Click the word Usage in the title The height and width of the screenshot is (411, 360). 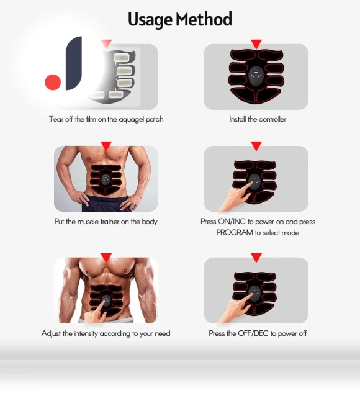[150, 20]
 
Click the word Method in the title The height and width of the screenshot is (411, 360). [204, 19]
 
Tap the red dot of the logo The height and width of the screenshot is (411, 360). [53, 82]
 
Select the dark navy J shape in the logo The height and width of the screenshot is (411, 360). [74, 63]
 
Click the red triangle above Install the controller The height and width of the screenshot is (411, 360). [256, 44]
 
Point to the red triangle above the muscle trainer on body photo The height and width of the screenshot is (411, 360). [106, 146]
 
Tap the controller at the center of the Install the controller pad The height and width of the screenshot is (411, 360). [256, 76]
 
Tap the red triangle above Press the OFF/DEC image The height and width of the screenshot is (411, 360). [256, 258]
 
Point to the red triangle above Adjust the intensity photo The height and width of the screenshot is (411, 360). [106, 258]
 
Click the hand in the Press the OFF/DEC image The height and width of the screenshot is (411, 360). [234, 309]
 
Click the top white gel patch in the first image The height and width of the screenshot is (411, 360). [121, 58]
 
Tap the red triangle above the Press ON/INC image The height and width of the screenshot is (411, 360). [256, 146]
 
